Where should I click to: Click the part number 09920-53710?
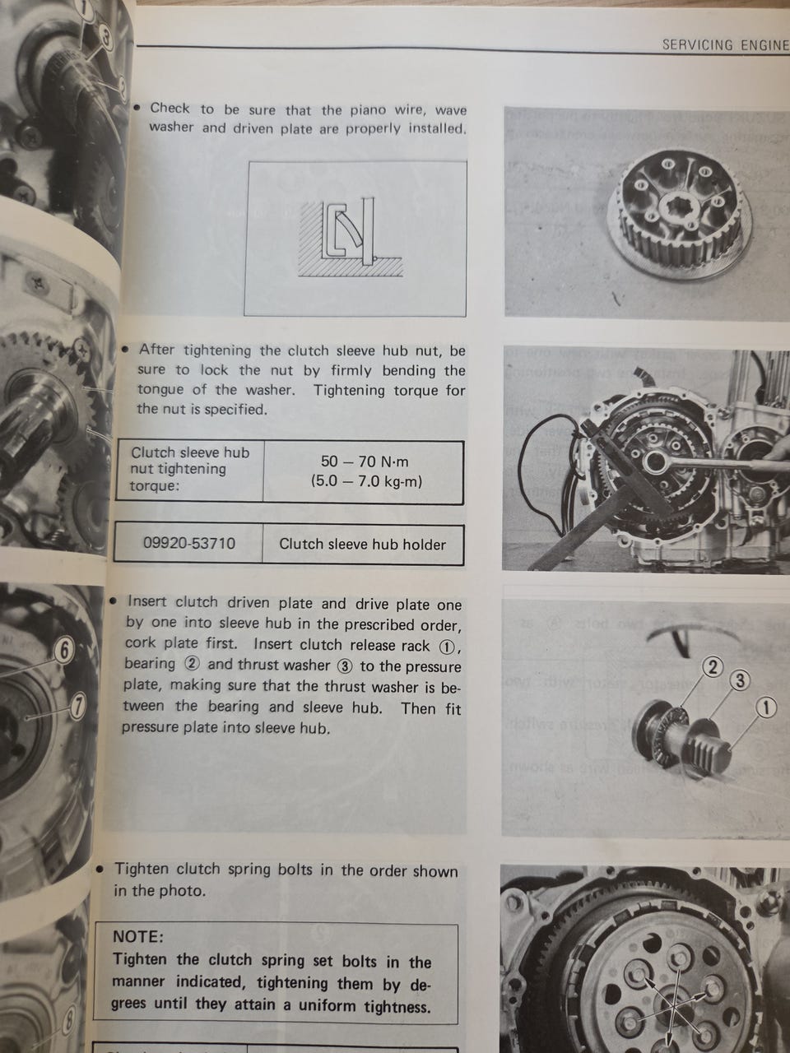pos(189,543)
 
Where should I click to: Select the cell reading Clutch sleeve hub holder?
pos(363,544)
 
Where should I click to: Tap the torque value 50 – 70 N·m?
pos(365,462)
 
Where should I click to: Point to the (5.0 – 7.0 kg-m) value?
pos(366,480)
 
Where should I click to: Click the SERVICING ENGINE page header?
pos(725,45)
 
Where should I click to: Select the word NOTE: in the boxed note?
pos(138,936)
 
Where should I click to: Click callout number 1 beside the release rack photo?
pos(766,707)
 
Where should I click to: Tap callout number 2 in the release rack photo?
pos(713,667)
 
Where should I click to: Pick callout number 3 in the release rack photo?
pos(740,680)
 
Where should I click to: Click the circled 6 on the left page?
pos(65,651)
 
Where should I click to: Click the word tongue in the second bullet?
pos(161,390)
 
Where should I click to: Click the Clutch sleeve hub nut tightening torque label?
pos(190,469)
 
